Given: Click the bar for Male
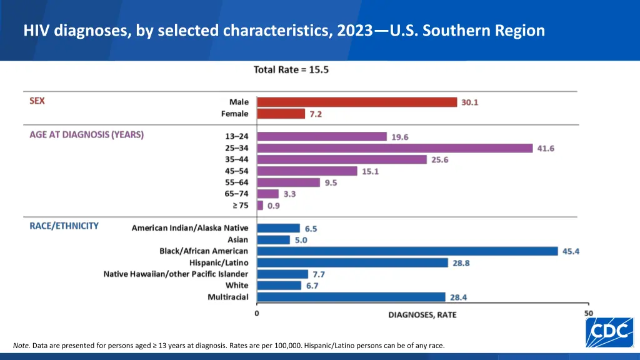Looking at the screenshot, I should [x=357, y=102].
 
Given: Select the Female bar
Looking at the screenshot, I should [x=281, y=114].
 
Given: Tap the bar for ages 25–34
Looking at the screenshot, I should [x=394, y=148].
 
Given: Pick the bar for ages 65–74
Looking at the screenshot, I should [x=267, y=194].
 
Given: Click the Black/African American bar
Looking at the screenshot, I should [x=407, y=251].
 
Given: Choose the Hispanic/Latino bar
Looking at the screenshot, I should [x=352, y=262].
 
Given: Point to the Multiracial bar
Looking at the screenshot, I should [x=351, y=297].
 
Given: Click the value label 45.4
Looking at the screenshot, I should [x=571, y=251].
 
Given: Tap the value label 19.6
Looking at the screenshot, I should [x=400, y=137].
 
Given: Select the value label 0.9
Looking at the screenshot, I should [x=274, y=205].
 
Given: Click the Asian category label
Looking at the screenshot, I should [x=237, y=239].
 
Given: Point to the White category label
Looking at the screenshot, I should [x=237, y=286].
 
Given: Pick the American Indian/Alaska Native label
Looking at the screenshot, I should [x=189, y=228].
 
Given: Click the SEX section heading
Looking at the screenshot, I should [x=37, y=101].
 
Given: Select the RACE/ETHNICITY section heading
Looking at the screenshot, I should [x=64, y=226].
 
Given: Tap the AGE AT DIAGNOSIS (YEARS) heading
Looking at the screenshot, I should [x=86, y=134].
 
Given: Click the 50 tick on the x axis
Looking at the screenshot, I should [x=588, y=312].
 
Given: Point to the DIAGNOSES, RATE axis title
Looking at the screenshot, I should [x=422, y=314].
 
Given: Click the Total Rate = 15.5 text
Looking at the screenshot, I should [x=291, y=69].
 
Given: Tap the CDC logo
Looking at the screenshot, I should [x=609, y=332].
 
